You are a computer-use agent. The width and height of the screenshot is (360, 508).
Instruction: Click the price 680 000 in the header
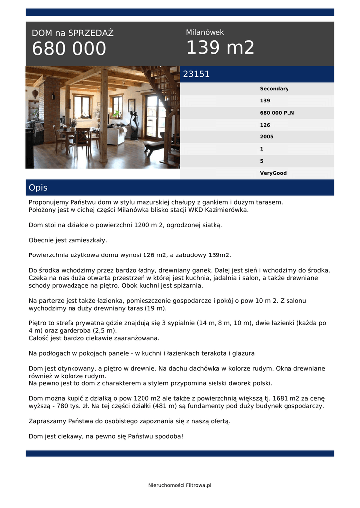(x=69, y=49)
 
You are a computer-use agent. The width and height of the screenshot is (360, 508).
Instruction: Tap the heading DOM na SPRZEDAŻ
(x=72, y=33)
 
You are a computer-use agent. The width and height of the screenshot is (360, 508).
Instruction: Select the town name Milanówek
(x=205, y=32)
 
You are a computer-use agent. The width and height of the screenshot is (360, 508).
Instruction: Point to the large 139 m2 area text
(x=220, y=48)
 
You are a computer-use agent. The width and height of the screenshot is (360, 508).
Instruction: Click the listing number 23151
(x=196, y=74)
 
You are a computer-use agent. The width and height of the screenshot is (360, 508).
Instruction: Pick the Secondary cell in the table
(x=274, y=89)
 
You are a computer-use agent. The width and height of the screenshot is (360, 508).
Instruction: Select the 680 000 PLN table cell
(x=277, y=113)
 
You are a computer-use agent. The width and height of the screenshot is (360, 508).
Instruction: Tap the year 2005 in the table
(x=266, y=137)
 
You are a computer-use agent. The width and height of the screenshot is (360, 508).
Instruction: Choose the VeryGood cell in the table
(x=273, y=173)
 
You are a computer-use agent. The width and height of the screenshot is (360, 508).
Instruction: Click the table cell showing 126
(x=265, y=125)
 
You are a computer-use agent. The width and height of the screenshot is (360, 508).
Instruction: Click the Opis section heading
(x=38, y=188)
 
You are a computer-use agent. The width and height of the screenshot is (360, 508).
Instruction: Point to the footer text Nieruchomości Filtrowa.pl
(x=180, y=485)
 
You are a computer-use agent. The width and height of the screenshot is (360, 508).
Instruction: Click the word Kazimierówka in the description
(x=226, y=210)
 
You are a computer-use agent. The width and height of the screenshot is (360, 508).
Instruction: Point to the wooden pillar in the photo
(x=103, y=117)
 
